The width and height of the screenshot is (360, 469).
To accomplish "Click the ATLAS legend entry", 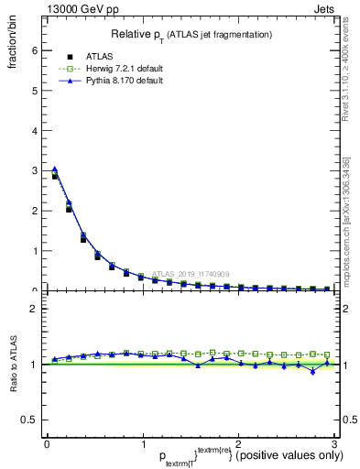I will click(92, 56).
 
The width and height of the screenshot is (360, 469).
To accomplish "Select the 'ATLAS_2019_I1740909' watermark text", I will click(192, 274).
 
